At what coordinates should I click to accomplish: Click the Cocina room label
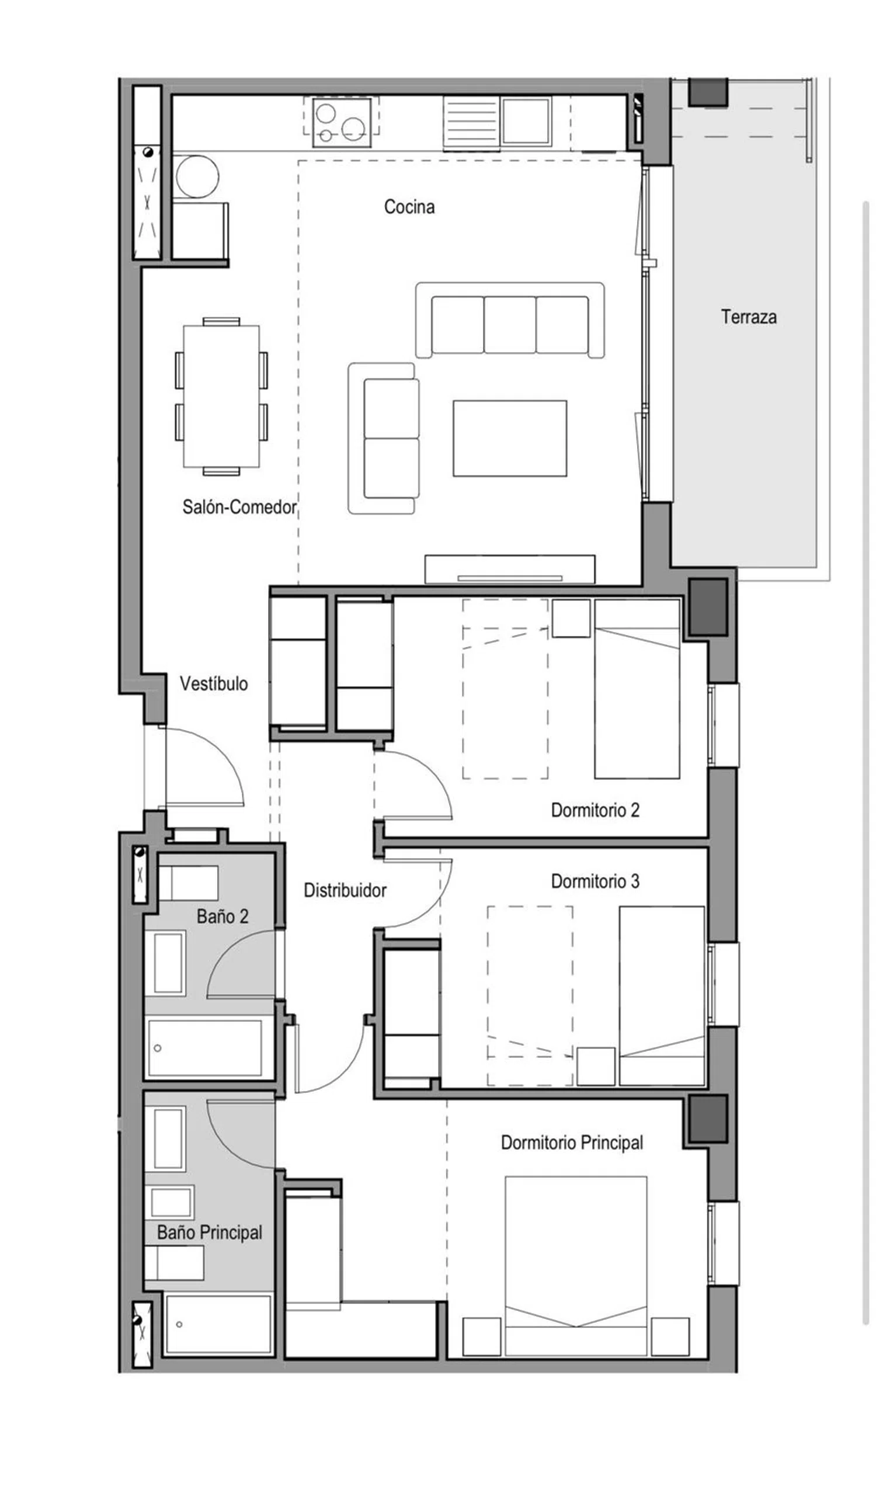[409, 207]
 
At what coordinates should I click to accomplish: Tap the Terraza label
[748, 317]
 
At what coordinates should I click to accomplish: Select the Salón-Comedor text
[239, 506]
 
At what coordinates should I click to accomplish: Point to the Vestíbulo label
[214, 683]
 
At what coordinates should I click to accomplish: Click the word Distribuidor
[345, 890]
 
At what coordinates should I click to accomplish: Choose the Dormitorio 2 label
[595, 810]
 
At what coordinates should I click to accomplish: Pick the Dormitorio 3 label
[595, 881]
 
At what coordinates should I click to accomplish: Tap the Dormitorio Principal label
[572, 1143]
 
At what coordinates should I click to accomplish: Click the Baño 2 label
[222, 916]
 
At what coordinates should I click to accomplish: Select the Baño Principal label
[210, 1232]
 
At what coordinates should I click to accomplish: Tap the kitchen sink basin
[526, 121]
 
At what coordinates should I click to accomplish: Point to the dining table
[221, 396]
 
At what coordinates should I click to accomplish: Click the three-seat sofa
[510, 320]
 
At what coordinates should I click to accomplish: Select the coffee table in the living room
[509, 438]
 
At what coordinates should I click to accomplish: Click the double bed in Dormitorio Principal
[576, 1265]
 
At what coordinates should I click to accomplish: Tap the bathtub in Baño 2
[205, 1048]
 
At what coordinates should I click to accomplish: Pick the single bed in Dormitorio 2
[637, 689]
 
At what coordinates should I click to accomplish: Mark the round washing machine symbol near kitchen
[197, 176]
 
